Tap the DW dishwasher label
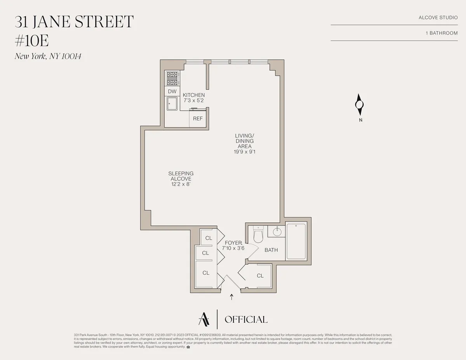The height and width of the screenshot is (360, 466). [172, 92]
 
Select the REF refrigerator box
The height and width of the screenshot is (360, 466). [198, 119]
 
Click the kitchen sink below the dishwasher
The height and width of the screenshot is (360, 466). [172, 104]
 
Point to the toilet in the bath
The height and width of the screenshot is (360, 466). [258, 235]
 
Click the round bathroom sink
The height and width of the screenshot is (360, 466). [277, 232]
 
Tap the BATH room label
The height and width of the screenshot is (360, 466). [271, 250]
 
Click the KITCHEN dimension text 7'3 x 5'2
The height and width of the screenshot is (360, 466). [194, 100]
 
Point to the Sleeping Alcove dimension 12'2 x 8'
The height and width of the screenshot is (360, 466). [181, 184]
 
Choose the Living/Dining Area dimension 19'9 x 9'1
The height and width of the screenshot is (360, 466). [244, 152]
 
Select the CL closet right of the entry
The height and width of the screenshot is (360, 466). [260, 276]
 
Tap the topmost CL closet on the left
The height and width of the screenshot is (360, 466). [209, 238]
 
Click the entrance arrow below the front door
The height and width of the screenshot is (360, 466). [232, 297]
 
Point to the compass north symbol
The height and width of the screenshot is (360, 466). [359, 105]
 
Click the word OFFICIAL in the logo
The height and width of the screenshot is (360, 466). [246, 320]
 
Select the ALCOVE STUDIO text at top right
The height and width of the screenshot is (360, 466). [438, 18]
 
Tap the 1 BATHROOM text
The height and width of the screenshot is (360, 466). [442, 33]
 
